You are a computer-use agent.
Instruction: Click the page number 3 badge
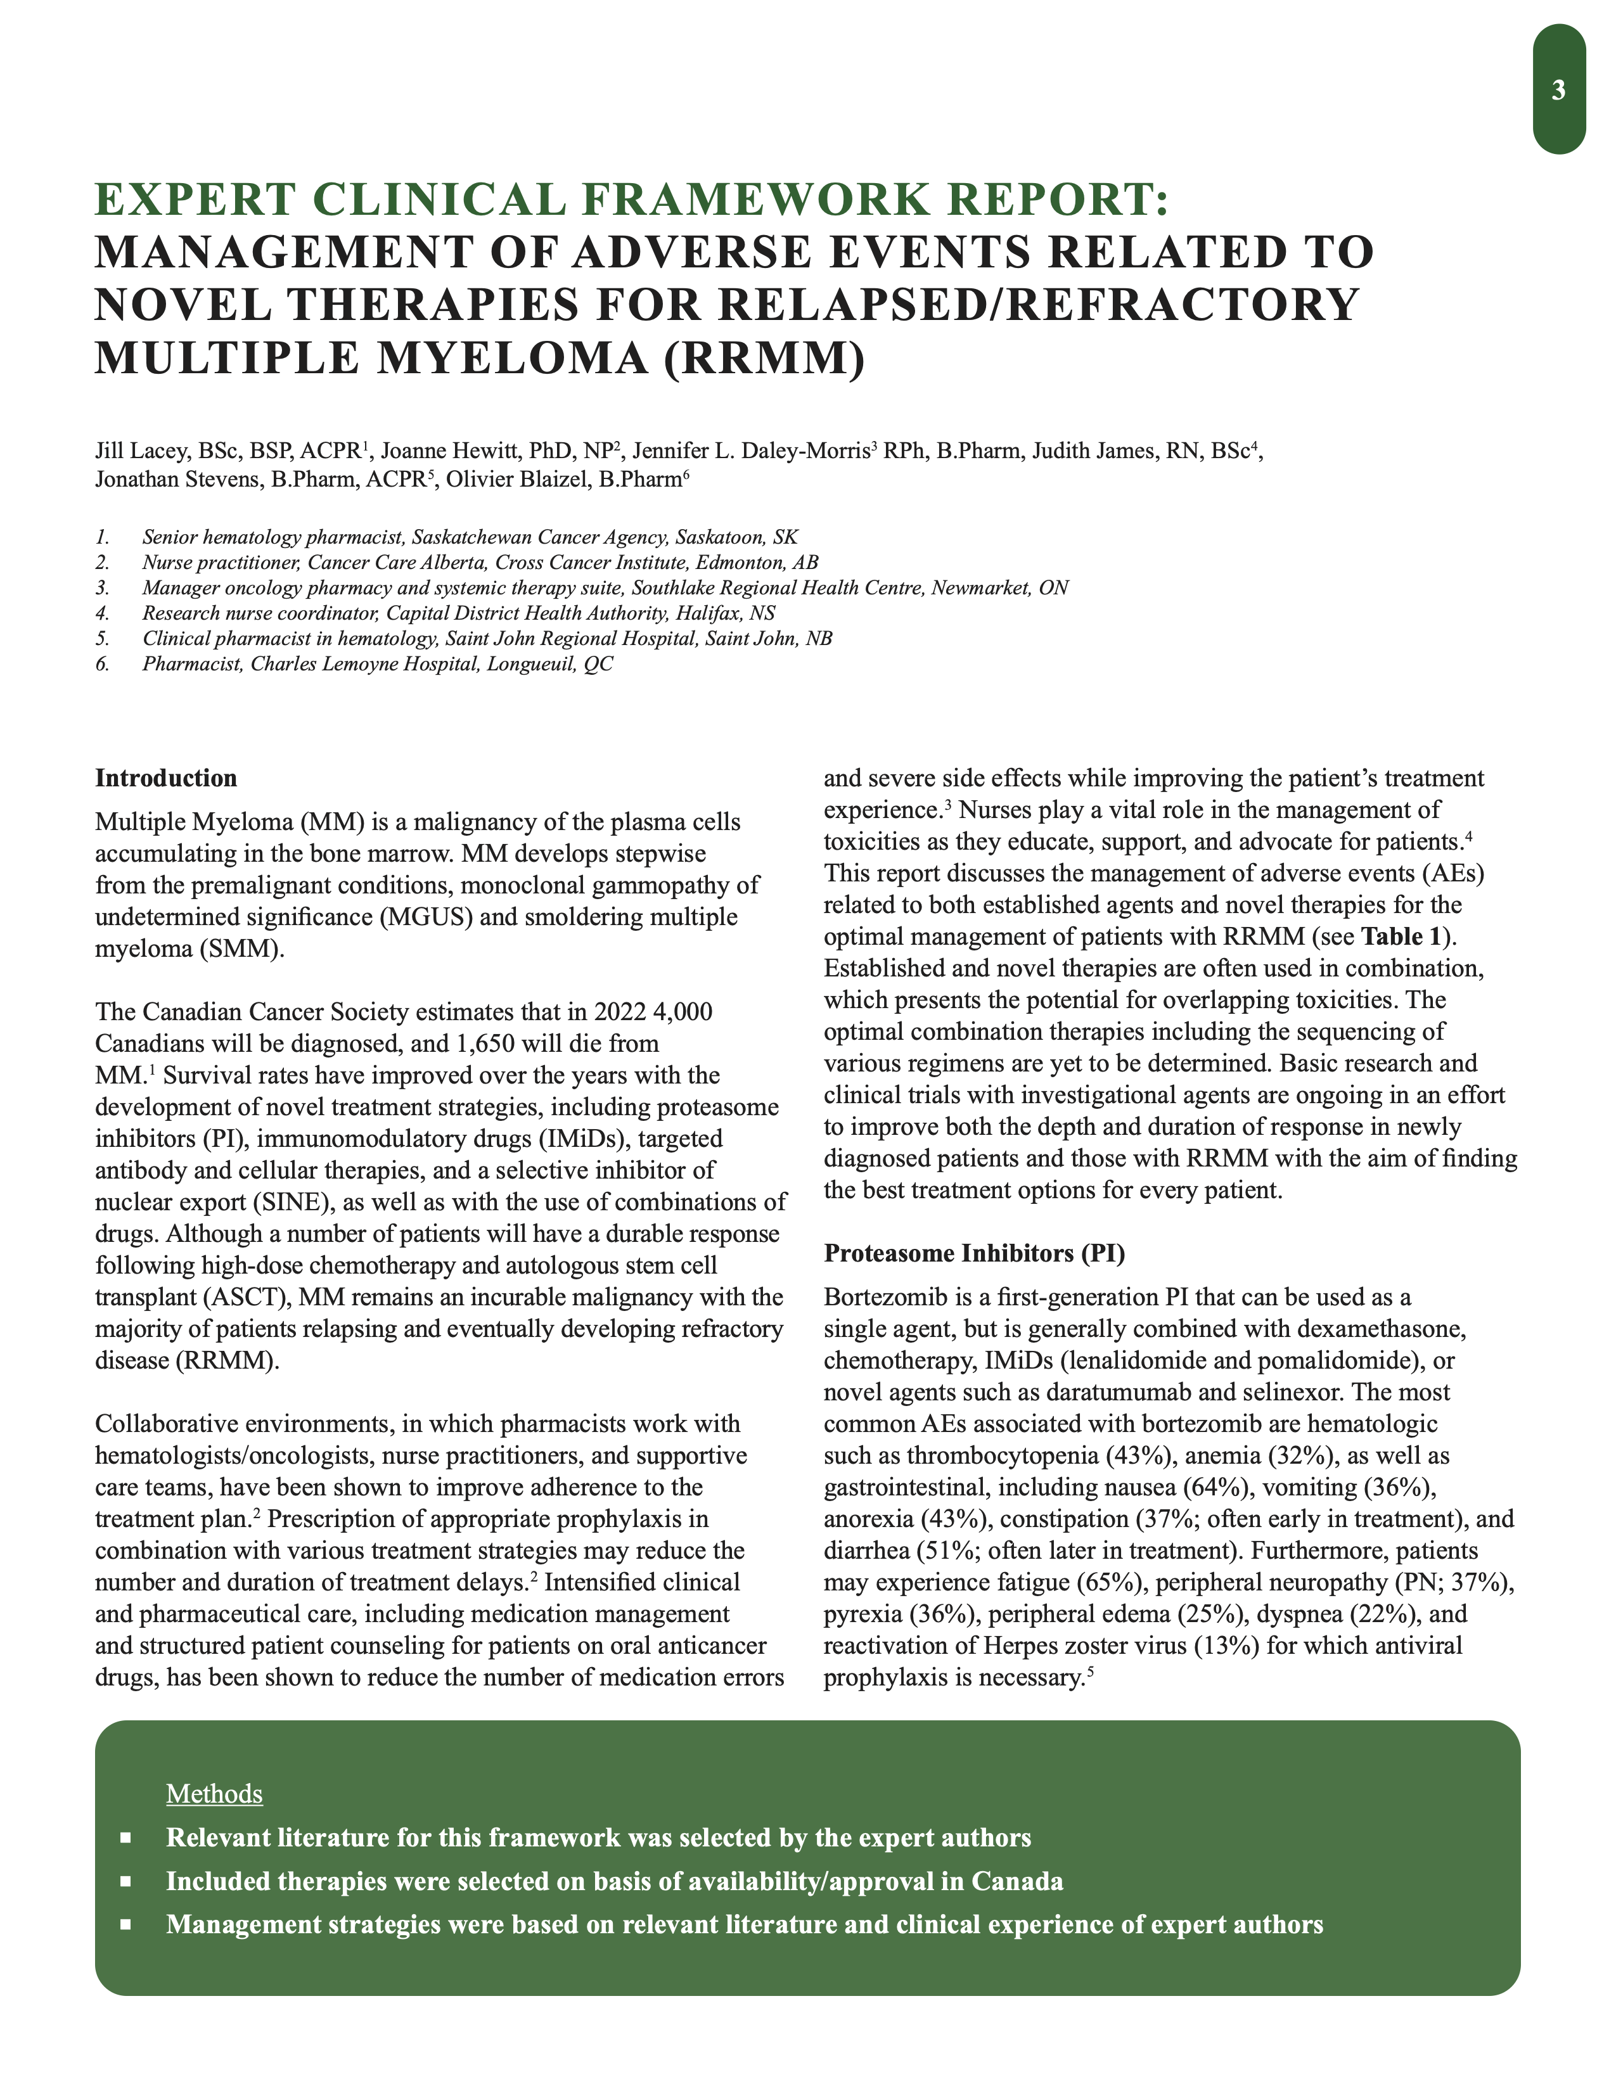pyautogui.click(x=1558, y=90)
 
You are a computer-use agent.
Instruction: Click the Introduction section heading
pyautogui.click(x=165, y=777)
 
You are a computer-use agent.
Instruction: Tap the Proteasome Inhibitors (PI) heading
pyautogui.click(x=973, y=1252)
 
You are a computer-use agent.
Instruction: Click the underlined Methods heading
pyautogui.click(x=214, y=1793)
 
